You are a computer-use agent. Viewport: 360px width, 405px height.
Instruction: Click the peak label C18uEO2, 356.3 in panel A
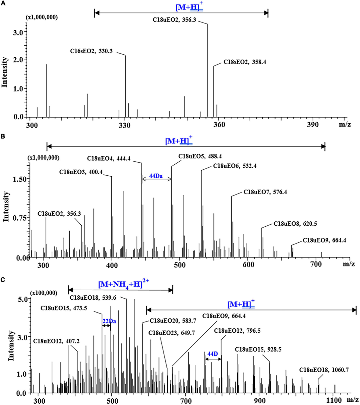(174, 21)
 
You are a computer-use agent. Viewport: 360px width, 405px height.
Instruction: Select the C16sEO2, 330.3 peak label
(91, 51)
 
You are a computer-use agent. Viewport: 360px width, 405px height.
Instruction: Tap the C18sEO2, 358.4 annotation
(244, 62)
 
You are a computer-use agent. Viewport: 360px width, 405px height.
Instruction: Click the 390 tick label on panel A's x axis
(313, 125)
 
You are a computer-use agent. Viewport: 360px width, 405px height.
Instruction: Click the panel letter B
(3, 137)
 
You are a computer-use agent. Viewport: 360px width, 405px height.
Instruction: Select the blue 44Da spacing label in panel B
(156, 176)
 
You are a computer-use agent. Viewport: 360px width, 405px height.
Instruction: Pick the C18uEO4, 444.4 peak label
(109, 159)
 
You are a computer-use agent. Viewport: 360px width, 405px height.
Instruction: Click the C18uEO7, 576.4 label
(265, 192)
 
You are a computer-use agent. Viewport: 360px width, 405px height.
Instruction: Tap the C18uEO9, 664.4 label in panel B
(324, 240)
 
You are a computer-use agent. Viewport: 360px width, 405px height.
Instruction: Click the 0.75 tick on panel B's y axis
(19, 218)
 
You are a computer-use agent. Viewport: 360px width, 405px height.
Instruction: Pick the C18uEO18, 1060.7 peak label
(324, 370)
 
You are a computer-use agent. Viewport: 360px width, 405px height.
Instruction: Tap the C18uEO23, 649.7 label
(172, 333)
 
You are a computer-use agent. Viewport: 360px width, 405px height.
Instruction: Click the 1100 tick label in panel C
(334, 400)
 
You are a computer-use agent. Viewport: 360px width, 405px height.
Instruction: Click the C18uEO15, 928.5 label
(258, 349)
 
